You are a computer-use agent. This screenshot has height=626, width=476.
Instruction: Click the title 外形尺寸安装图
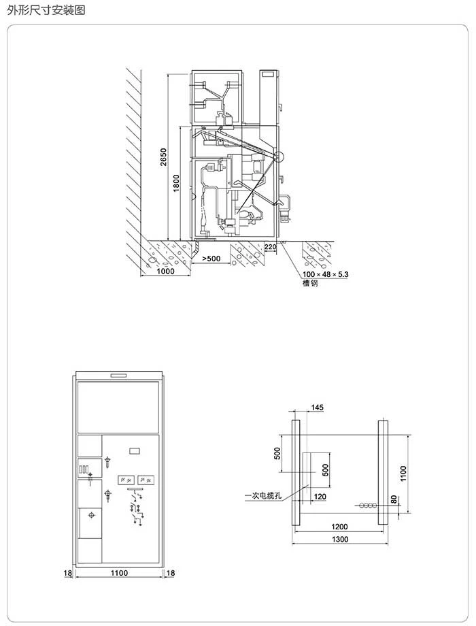(x=46, y=10)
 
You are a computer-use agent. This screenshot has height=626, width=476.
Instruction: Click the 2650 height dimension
(x=164, y=157)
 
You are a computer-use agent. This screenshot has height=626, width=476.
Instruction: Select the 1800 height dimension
(x=177, y=183)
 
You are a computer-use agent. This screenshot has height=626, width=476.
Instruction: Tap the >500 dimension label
(x=211, y=259)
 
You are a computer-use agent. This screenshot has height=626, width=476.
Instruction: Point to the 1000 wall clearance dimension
(x=165, y=271)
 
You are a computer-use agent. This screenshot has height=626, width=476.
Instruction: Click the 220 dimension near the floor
(x=270, y=247)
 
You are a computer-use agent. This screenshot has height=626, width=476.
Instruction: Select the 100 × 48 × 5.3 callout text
(x=325, y=274)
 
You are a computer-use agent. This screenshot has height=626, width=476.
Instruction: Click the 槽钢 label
(x=310, y=284)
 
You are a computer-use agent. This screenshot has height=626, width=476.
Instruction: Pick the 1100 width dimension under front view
(x=119, y=573)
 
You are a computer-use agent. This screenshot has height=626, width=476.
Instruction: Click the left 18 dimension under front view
(x=68, y=573)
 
